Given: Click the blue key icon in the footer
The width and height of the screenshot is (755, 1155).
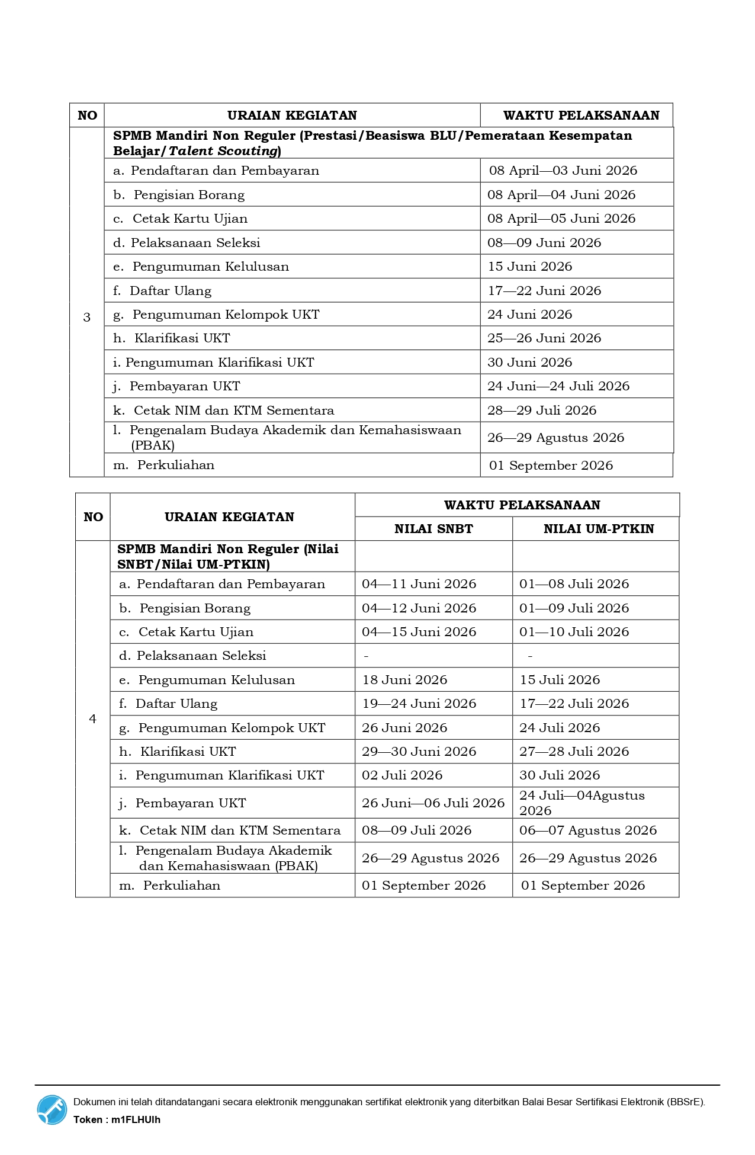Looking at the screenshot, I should coord(52,1109).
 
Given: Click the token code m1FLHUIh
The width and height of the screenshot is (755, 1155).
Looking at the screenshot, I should coord(136,1119).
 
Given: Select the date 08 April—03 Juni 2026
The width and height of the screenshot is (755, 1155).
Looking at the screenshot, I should coord(563,171).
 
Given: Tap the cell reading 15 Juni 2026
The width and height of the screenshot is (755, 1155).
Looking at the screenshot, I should coord(529,267).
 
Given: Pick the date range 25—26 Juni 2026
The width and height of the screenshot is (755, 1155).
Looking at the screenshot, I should coord(544,338).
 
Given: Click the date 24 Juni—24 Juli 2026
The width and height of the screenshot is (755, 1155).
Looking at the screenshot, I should coord(558,386).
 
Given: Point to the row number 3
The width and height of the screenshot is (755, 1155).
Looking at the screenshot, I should coord(87,317).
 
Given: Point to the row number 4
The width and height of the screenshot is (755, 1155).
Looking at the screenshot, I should coord(92,718).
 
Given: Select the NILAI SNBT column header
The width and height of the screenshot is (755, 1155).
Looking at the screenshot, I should coord(433,529).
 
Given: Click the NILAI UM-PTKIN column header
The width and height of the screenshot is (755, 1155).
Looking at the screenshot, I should coord(598,529).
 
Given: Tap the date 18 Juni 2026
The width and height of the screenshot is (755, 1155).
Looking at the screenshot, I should coord(404,680).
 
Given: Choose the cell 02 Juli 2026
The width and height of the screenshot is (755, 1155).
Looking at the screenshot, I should coord(402,775).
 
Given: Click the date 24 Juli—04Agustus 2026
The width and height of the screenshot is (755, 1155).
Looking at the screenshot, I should coord(581,803).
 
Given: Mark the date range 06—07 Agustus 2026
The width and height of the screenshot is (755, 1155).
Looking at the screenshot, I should coord(587,830).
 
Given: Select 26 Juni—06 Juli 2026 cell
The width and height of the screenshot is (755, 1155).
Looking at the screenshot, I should coord(433,803).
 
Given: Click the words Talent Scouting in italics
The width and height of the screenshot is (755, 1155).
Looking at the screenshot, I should coord(223,151).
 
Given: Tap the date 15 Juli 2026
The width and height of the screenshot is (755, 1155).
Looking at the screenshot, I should coord(560,680).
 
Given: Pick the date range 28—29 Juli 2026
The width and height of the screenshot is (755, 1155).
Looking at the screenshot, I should coord(541,410).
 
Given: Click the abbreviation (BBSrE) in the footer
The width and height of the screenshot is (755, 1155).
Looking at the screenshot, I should coord(686,1102).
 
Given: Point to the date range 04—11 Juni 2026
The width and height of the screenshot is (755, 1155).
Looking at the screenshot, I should coord(419,584).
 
